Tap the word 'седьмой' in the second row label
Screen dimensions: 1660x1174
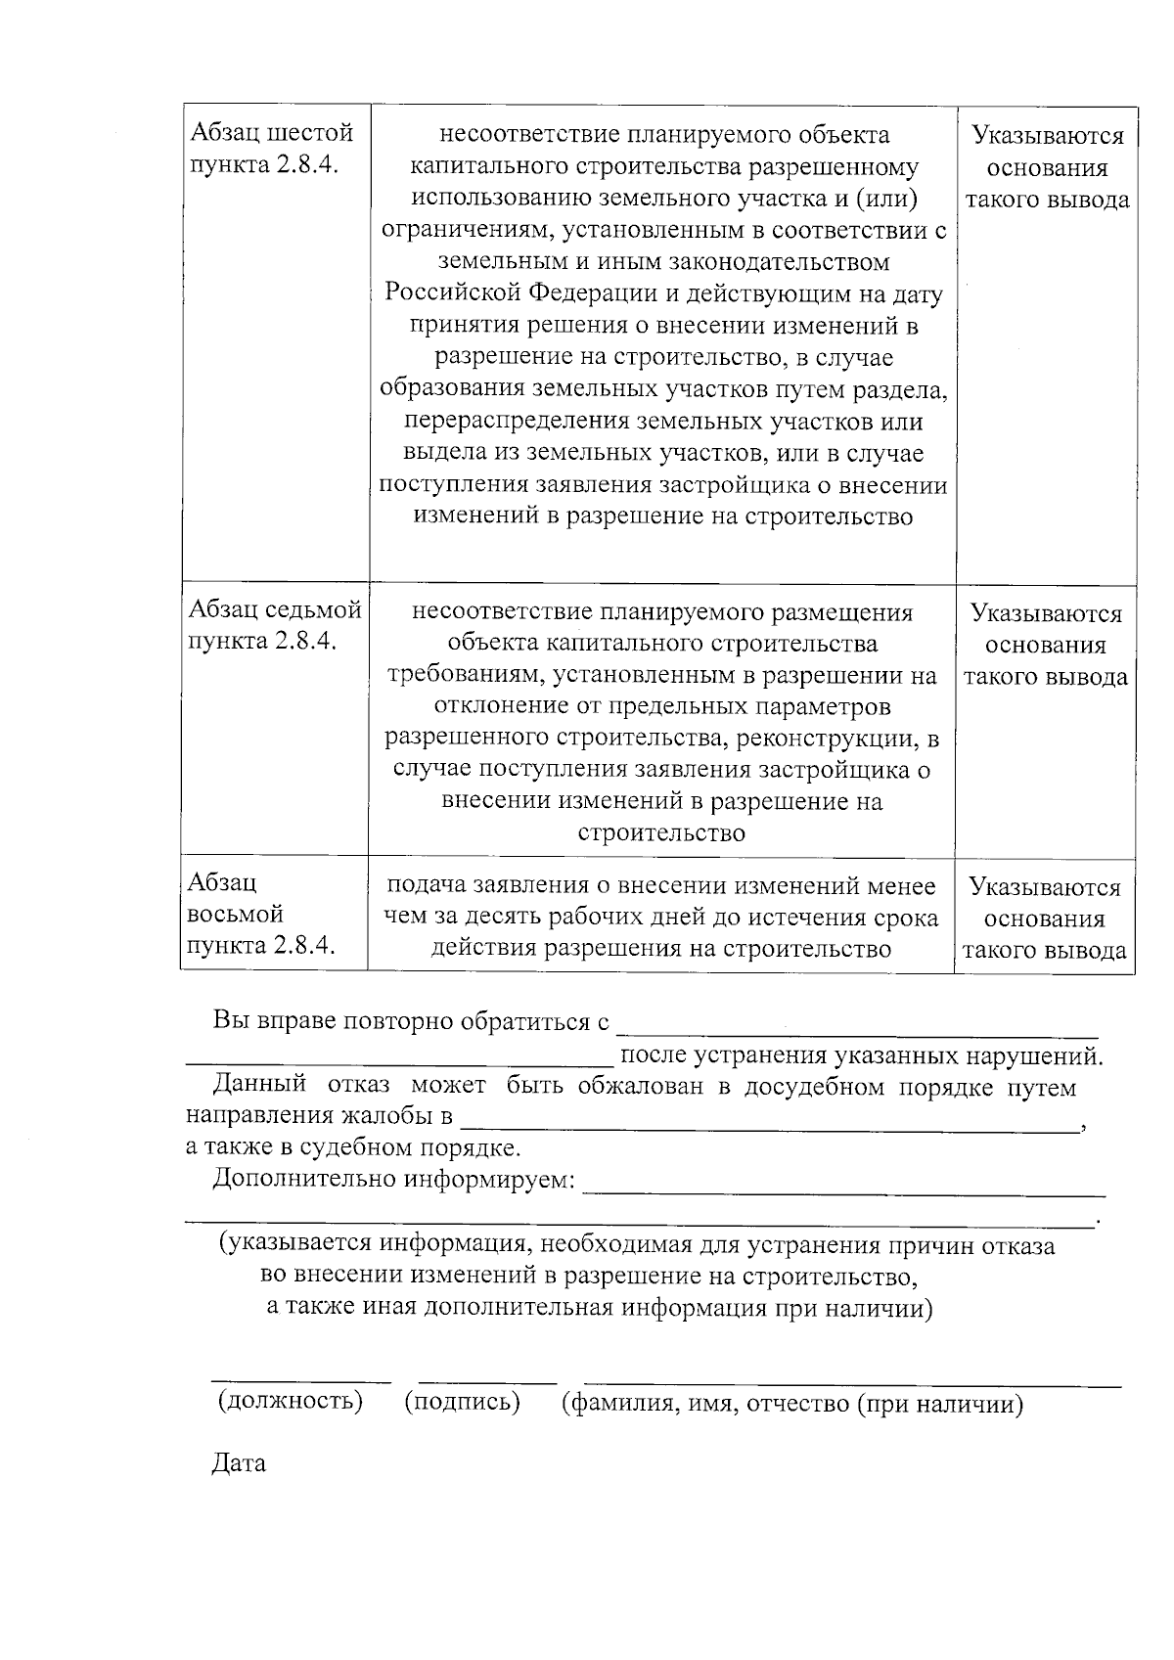315,611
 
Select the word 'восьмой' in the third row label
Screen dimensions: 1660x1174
235,914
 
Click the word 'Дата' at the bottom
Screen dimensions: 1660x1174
239,1464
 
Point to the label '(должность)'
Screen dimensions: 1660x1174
290,1401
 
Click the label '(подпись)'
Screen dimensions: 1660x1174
462,1402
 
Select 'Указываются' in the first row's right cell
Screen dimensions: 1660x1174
1048,136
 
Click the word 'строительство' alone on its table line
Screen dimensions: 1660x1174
661,833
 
